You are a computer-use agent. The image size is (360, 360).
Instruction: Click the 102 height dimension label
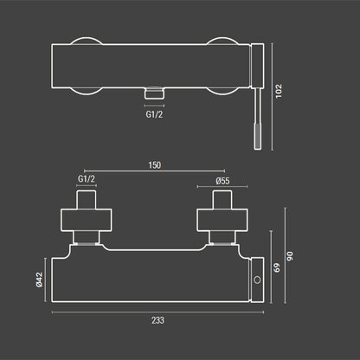(x=279, y=91)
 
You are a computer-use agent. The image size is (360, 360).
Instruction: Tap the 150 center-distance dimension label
(x=155, y=165)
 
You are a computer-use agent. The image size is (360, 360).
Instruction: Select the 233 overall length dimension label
(x=157, y=320)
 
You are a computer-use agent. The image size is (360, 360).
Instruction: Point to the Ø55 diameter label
(x=222, y=181)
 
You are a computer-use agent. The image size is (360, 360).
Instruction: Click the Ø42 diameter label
(x=39, y=280)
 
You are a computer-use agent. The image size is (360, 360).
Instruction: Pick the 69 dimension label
(x=277, y=267)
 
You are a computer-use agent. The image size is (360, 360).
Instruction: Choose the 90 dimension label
(x=290, y=256)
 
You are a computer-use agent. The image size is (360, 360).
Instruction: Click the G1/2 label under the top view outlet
(x=154, y=114)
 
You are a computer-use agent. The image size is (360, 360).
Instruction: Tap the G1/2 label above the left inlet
(x=87, y=179)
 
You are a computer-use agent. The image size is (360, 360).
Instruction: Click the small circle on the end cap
(x=257, y=280)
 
